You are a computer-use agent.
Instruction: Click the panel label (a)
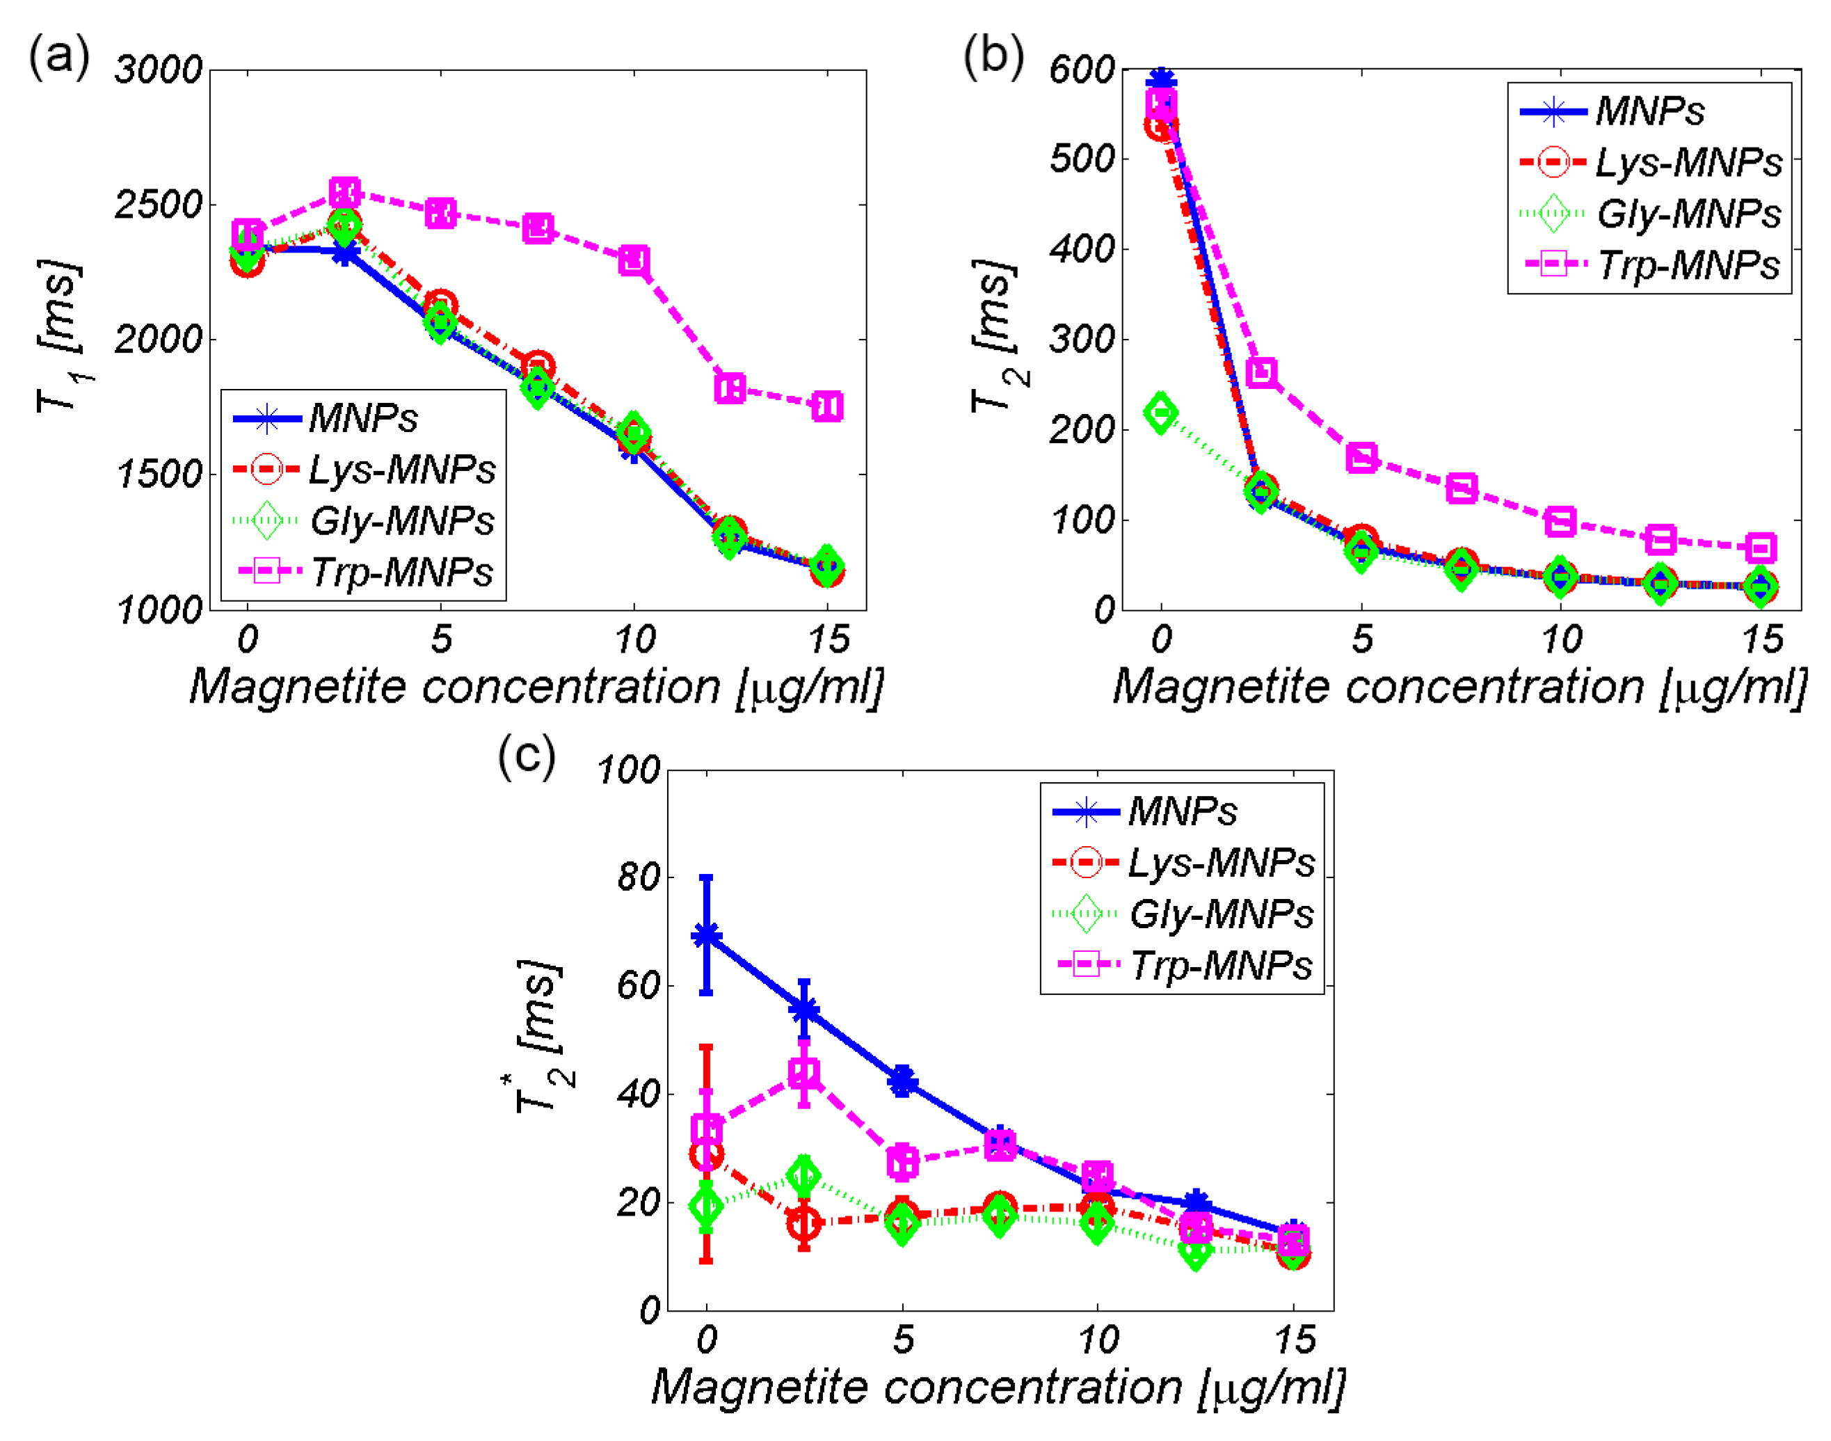click(x=58, y=57)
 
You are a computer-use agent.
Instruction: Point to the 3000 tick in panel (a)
click(x=159, y=70)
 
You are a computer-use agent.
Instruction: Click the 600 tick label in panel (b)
click(x=1081, y=70)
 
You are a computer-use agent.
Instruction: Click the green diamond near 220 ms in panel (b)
click(x=1160, y=413)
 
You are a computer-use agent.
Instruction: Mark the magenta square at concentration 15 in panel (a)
click(x=826, y=406)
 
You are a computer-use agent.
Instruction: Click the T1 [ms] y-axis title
click(x=61, y=337)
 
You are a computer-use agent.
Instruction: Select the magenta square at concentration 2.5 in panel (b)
click(x=1261, y=372)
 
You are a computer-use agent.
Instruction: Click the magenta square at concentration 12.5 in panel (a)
click(x=730, y=388)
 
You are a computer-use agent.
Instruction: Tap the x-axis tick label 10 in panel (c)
click(x=1097, y=1339)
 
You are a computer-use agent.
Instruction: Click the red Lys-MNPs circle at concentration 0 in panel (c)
click(x=707, y=1155)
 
